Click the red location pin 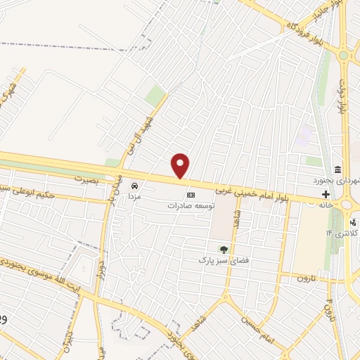[x=181, y=165]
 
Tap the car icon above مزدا [x=135, y=187]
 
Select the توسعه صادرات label [x=190, y=206]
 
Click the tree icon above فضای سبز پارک [x=224, y=249]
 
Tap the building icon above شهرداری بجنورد [x=338, y=170]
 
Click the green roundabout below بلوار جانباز [x=343, y=55]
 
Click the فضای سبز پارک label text [x=224, y=260]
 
